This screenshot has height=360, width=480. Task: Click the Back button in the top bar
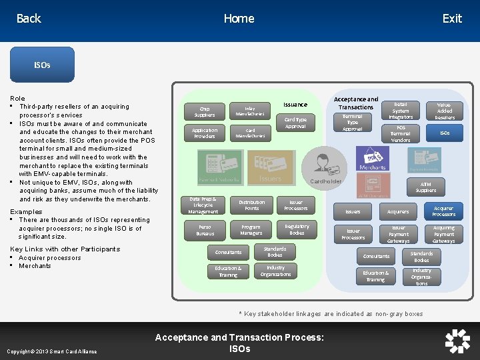click(29, 19)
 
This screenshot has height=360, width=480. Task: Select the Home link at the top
click(239, 19)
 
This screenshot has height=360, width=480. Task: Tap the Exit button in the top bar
click(451, 19)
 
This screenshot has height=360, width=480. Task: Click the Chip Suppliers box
click(204, 111)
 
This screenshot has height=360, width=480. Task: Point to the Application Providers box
click(204, 133)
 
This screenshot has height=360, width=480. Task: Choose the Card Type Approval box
click(295, 123)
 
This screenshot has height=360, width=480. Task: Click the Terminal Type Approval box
click(352, 123)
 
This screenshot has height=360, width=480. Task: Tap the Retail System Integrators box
click(401, 111)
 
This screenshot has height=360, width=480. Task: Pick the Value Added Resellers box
click(445, 111)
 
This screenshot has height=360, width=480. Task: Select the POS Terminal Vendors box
click(401, 133)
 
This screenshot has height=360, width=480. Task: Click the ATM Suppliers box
click(425, 187)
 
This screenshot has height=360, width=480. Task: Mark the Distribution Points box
click(252, 205)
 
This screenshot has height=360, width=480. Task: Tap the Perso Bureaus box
click(205, 230)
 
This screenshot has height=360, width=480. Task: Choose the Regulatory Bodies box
click(297, 229)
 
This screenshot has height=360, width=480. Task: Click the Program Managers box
click(251, 230)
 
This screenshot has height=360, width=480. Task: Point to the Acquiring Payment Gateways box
click(443, 234)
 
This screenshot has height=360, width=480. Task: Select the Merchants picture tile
click(373, 159)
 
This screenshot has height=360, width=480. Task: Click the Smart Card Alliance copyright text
click(52, 351)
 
